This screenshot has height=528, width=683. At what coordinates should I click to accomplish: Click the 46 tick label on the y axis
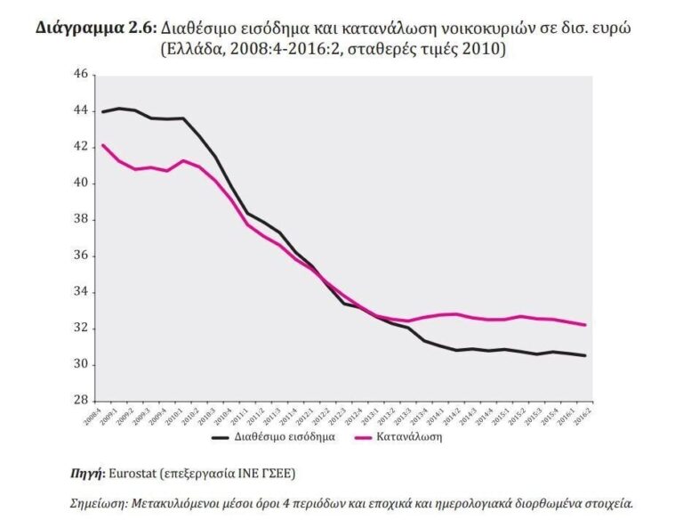[81, 74]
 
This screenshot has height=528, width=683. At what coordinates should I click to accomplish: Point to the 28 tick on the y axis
[81, 401]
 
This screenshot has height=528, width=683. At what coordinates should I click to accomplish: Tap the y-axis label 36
[81, 256]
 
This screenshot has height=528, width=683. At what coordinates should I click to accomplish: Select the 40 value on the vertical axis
[81, 183]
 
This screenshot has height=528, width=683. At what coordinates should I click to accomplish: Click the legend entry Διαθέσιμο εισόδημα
[285, 437]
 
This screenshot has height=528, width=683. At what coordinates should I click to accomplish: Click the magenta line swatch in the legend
[362, 437]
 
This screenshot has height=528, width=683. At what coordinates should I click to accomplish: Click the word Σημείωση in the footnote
[100, 503]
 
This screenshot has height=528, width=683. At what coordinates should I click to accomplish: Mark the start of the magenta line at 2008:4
[102, 144]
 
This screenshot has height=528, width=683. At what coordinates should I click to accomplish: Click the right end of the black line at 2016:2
[585, 355]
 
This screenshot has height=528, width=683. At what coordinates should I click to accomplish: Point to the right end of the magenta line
[585, 325]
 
